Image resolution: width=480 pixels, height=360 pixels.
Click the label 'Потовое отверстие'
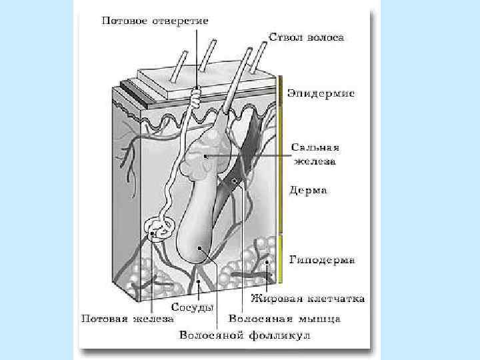(155, 21)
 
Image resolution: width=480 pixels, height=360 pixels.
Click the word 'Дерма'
(308, 191)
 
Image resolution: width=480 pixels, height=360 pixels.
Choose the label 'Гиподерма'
(321, 259)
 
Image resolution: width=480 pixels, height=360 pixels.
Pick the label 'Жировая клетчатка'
(307, 299)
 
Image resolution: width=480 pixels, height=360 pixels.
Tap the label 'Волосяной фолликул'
(245, 335)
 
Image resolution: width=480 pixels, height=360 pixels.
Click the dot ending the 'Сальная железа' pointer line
(207, 157)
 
